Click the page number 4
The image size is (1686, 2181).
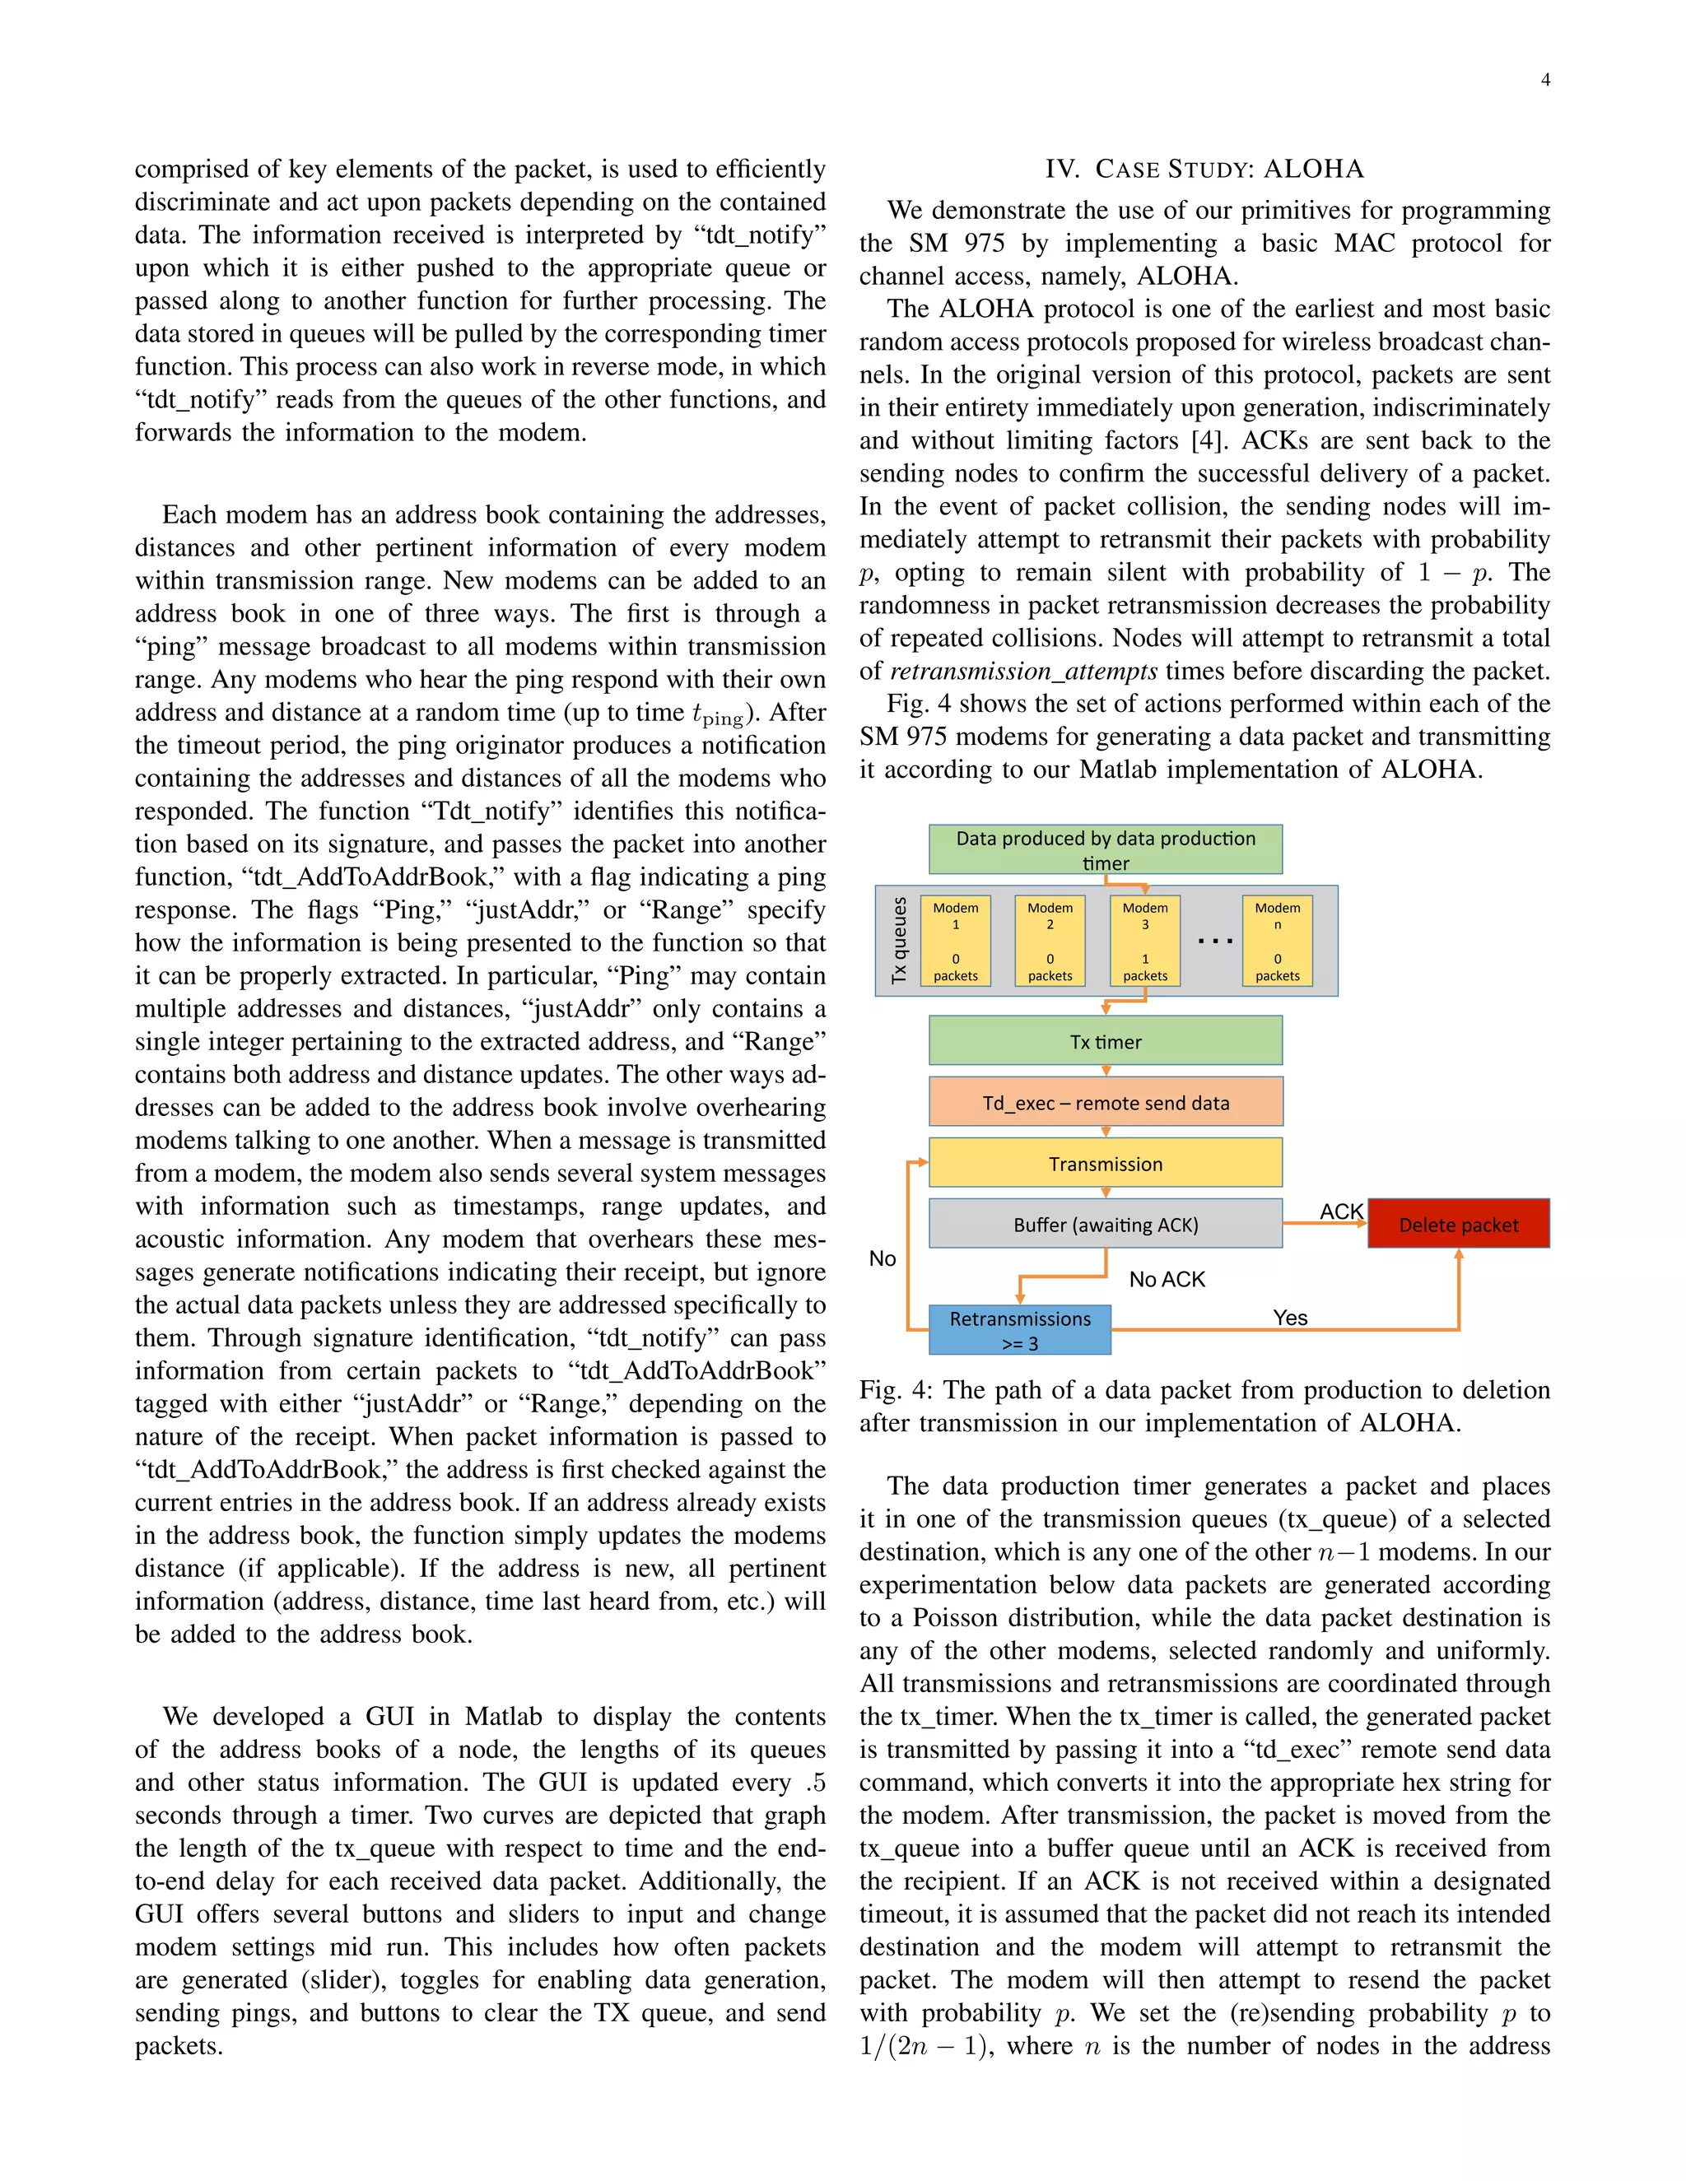pos(1545,80)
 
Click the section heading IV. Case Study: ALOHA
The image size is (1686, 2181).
pos(1204,169)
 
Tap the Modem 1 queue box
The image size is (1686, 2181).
pos(955,941)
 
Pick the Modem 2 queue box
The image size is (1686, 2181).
pos(1050,941)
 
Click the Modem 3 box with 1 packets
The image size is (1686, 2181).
pos(1144,941)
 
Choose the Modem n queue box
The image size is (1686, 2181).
pos(1277,941)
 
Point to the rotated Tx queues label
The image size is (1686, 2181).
pos(899,940)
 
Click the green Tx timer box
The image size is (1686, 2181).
pos(1105,1042)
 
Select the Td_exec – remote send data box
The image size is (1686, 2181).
pos(1105,1103)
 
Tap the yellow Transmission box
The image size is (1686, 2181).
pos(1105,1164)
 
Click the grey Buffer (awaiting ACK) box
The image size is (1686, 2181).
pos(1105,1225)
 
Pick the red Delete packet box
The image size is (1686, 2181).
pos(1457,1225)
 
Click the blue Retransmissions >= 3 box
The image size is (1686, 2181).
pos(1019,1330)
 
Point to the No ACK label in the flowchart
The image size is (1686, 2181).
pos(1167,1279)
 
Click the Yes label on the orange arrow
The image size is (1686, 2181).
pos(1289,1317)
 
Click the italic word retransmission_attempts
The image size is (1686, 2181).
pos(1022,671)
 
